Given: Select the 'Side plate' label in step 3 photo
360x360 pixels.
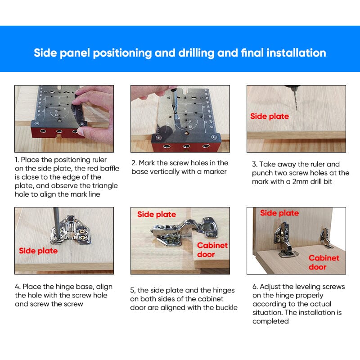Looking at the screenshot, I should click(x=270, y=117).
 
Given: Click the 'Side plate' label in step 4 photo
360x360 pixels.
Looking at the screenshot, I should click(x=38, y=251).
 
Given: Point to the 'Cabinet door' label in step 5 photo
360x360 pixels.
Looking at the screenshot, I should click(x=212, y=250).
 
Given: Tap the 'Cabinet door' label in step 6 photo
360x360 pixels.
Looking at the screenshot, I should click(x=324, y=262).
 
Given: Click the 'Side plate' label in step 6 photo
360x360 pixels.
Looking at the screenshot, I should click(x=279, y=213).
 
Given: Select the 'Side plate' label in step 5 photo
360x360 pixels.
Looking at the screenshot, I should click(x=157, y=214).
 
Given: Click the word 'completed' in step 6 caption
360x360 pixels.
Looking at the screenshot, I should click(x=270, y=321).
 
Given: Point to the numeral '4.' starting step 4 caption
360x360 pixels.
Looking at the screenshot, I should click(x=18, y=287).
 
